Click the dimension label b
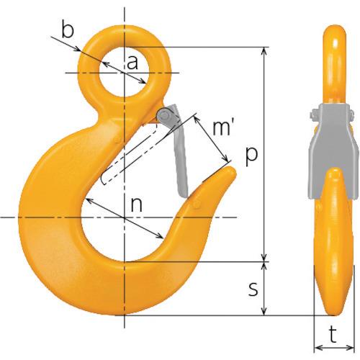click(x=67, y=30)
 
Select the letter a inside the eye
click(x=132, y=63)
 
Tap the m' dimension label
click(x=222, y=128)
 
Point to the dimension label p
click(x=251, y=156)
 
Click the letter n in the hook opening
click(x=137, y=205)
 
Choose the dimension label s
click(x=253, y=289)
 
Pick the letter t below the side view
click(x=333, y=335)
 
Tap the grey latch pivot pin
click(x=165, y=116)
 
